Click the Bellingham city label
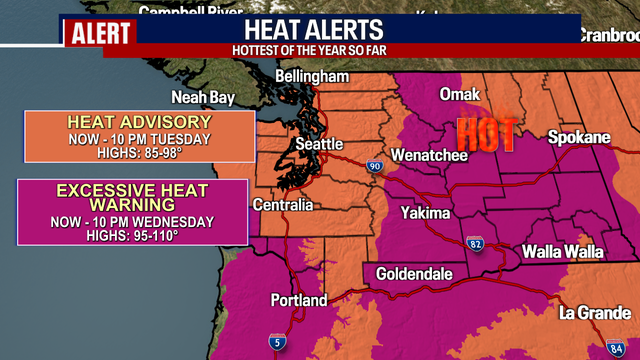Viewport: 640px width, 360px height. tap(313, 77)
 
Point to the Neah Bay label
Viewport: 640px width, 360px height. tap(203, 98)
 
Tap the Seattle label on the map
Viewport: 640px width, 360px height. tap(318, 145)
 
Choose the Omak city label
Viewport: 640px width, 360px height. tap(461, 94)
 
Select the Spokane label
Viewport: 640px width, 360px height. tap(578, 137)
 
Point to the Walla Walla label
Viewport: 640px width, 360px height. tap(563, 252)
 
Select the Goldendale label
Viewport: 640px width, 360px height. tap(415, 273)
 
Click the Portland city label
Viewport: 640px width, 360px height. tap(298, 300)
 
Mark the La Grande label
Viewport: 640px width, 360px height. tap(593, 312)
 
